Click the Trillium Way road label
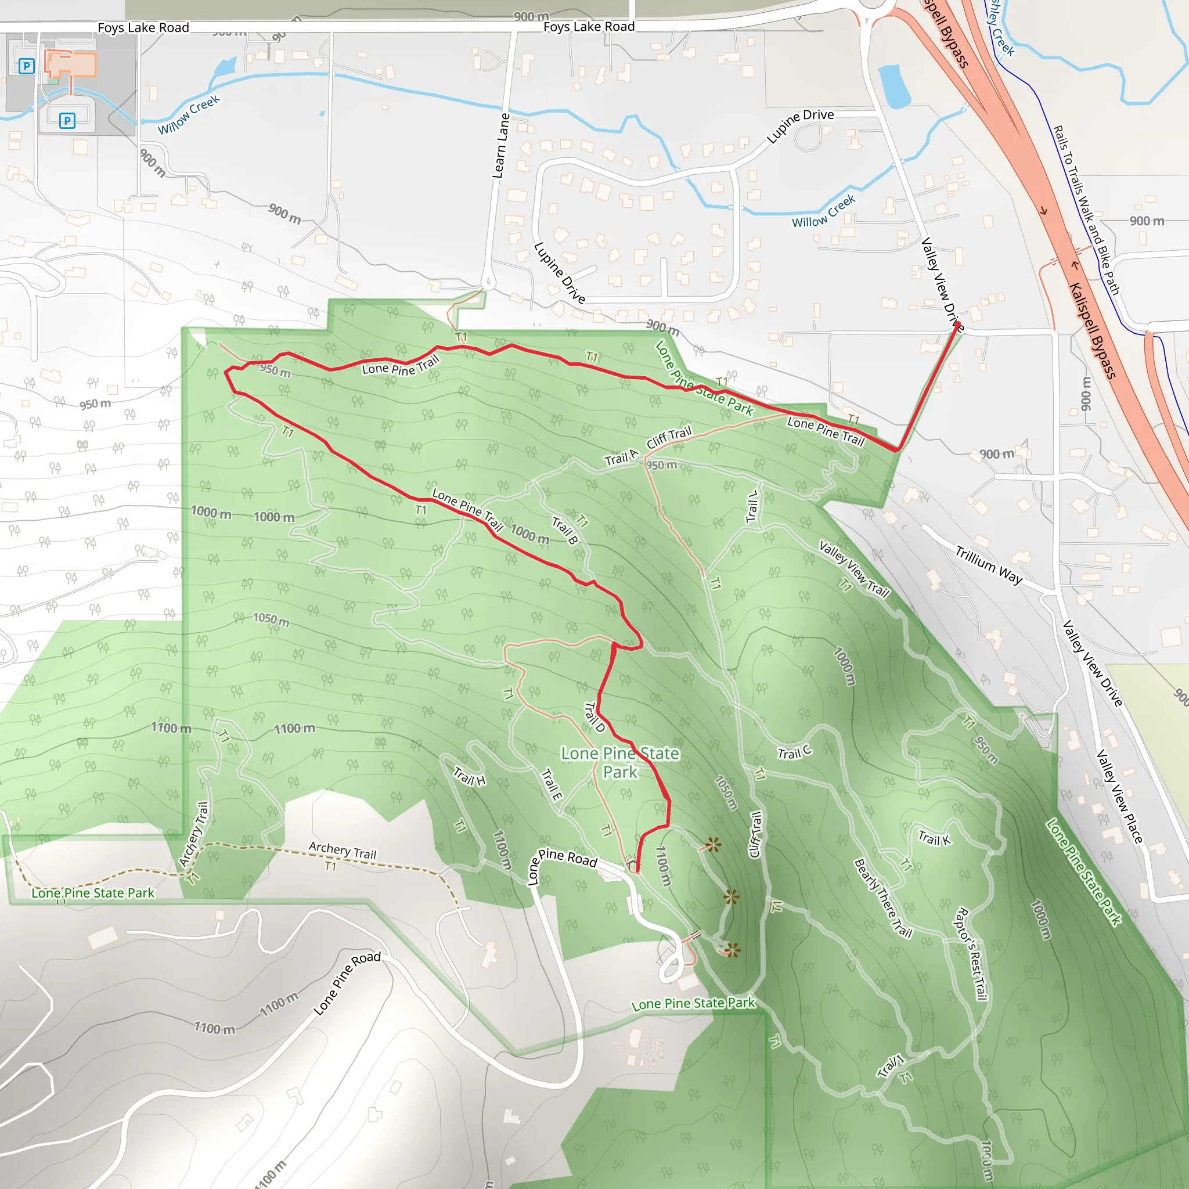click(988, 565)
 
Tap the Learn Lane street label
click(501, 146)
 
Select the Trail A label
click(621, 458)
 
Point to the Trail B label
click(564, 531)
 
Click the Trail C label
click(794, 752)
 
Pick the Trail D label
click(594, 717)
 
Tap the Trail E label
click(552, 785)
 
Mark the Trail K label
click(934, 838)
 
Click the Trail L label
click(751, 506)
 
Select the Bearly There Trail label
click(882, 898)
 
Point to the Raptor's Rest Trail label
click(971, 953)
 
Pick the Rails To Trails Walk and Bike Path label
click(1086, 210)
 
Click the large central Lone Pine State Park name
click(621, 762)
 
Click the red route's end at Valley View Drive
click(957, 325)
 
